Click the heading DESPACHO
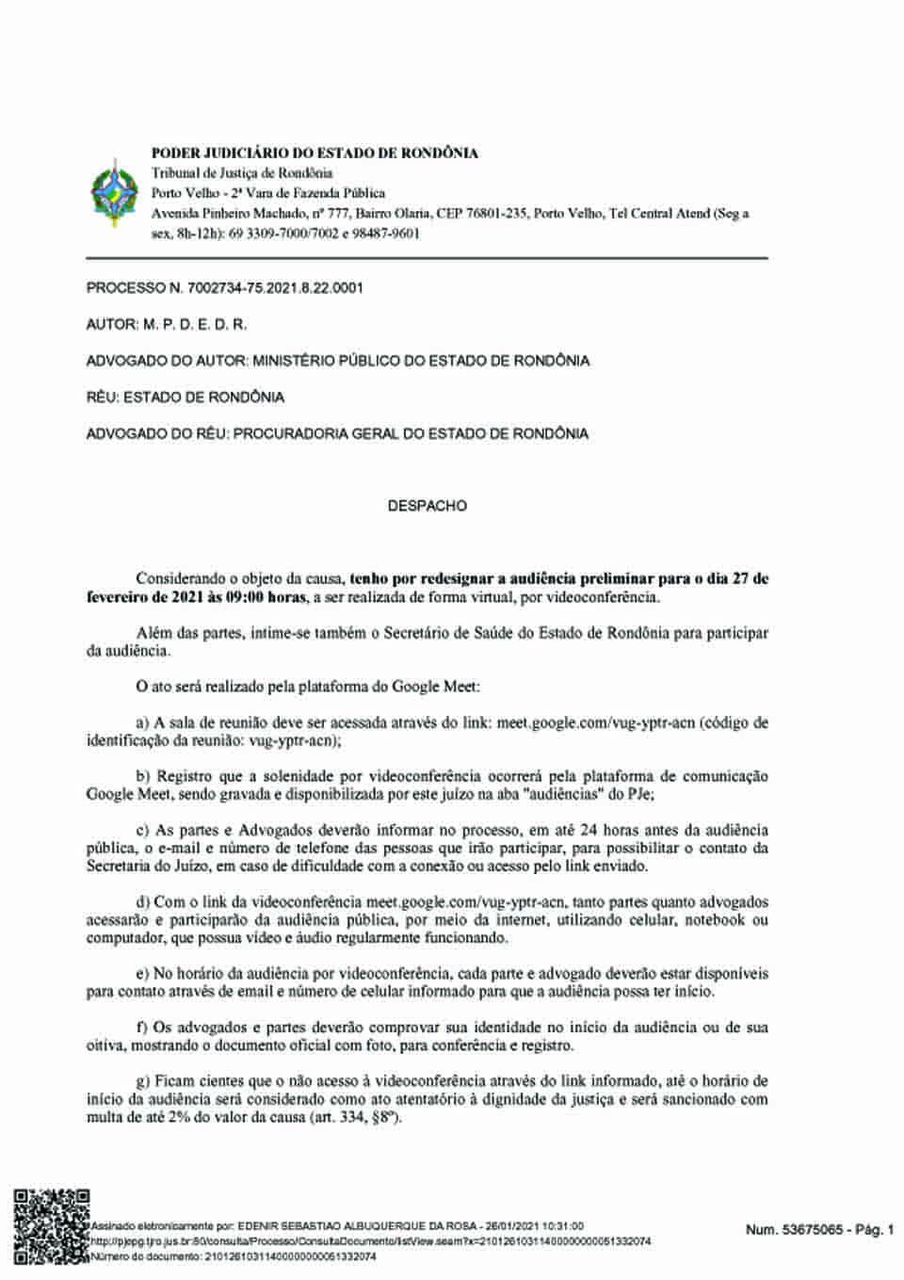tap(427, 506)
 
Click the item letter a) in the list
tap(143, 723)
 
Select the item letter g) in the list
tap(143, 1082)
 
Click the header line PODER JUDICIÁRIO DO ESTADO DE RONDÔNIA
tap(315, 153)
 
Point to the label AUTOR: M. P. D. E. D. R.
tap(167, 324)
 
